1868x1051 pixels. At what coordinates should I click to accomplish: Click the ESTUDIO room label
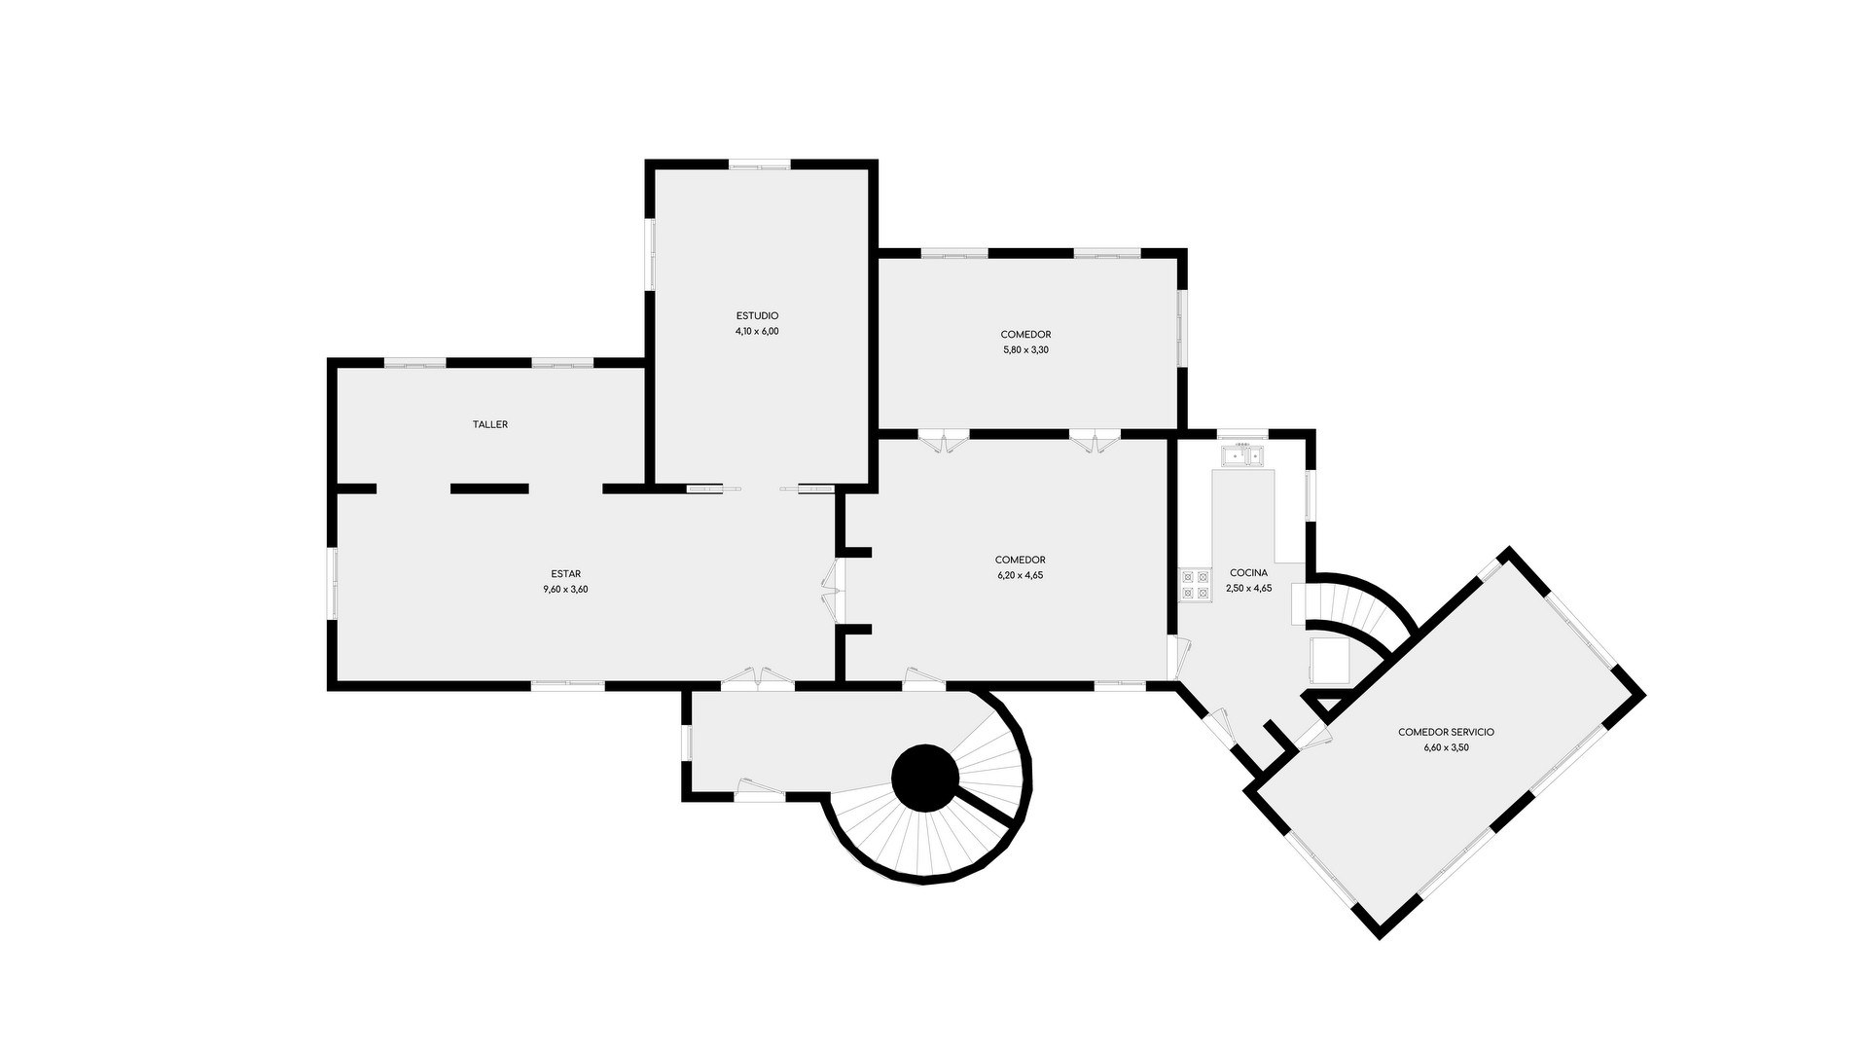(x=757, y=315)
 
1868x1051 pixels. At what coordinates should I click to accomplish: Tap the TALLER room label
(x=490, y=424)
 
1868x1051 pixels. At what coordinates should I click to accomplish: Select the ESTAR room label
(x=565, y=574)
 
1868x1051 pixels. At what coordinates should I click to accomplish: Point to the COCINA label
(x=1248, y=573)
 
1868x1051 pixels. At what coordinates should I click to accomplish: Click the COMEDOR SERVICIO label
(x=1446, y=732)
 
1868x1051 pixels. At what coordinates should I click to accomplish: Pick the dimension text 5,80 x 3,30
(x=1025, y=349)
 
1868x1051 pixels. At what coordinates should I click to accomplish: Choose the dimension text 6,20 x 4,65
(x=1020, y=575)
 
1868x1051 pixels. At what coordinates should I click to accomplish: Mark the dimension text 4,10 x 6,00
(x=757, y=331)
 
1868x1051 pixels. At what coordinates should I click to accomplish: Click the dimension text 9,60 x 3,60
(x=565, y=589)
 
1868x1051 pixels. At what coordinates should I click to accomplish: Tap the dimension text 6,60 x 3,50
(x=1446, y=747)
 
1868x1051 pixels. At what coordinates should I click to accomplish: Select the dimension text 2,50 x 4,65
(x=1248, y=588)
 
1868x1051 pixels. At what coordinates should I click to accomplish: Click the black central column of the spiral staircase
(x=925, y=778)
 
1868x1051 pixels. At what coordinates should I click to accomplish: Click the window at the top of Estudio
(x=760, y=164)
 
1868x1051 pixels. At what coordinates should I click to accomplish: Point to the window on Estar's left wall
(x=333, y=583)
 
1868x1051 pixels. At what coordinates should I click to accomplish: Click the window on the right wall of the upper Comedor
(x=1182, y=328)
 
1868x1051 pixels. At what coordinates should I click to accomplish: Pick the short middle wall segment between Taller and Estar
(x=489, y=489)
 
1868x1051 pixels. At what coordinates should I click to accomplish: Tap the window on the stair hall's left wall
(x=686, y=742)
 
